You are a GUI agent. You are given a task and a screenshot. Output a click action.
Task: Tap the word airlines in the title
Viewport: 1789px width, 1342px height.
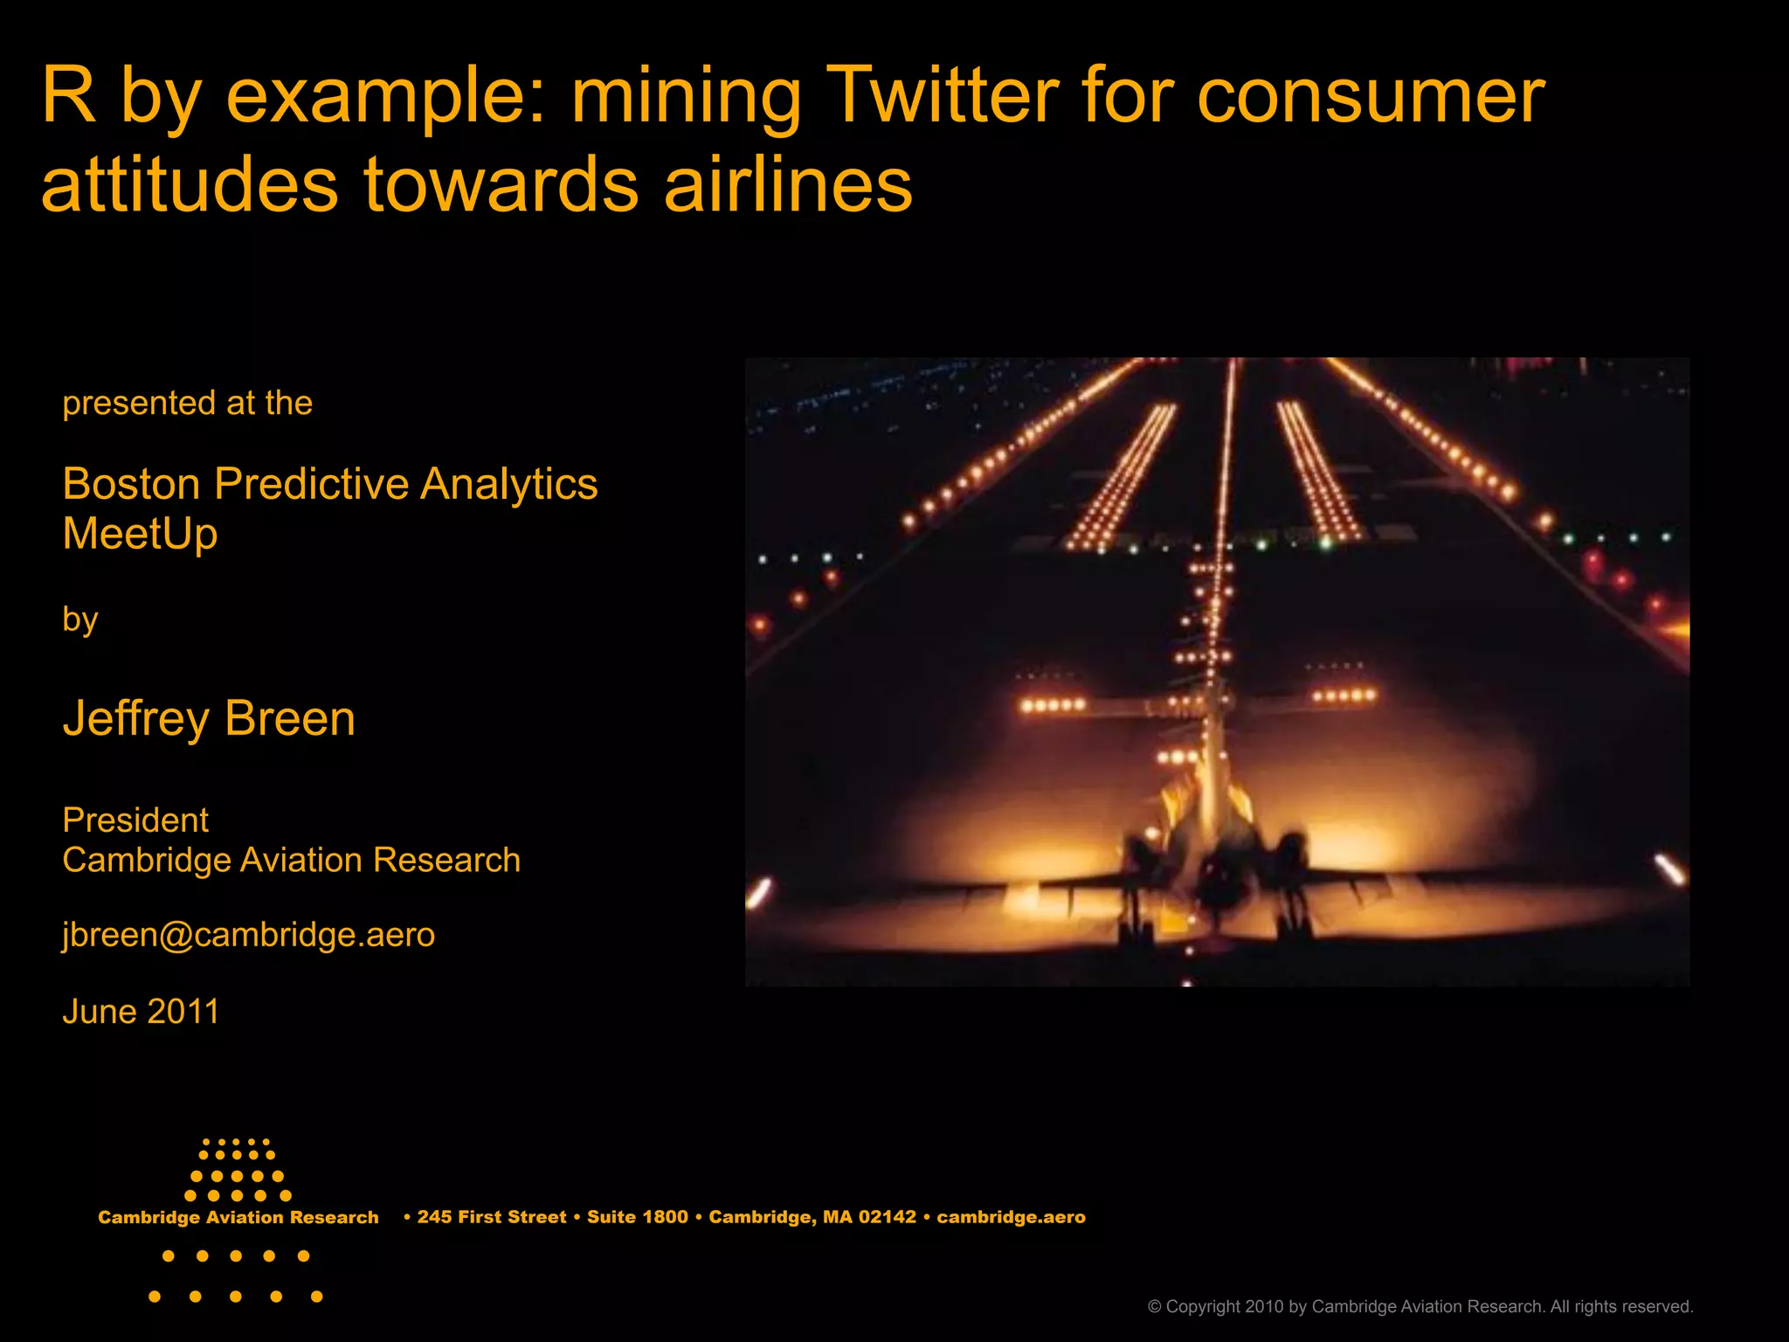(788, 185)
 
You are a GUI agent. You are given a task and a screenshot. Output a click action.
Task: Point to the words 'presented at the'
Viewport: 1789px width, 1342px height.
(187, 403)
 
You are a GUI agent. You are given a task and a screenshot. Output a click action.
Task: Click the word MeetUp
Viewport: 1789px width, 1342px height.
(140, 533)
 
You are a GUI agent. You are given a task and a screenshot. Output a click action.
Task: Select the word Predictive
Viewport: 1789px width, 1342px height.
(311, 483)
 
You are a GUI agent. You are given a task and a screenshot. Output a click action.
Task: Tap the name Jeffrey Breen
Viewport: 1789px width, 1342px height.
(209, 718)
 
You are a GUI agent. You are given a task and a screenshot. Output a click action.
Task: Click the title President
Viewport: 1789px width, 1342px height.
(135, 820)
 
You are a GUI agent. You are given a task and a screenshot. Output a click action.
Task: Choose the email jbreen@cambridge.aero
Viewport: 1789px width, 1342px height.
(248, 935)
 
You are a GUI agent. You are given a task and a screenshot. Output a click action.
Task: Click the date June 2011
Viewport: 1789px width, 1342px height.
(141, 1012)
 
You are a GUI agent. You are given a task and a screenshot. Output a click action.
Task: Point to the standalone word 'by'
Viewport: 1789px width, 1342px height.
(79, 619)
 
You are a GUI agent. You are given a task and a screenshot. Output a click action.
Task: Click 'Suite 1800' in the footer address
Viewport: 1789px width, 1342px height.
(637, 1217)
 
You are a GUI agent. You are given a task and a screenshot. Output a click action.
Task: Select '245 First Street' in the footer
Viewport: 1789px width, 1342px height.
(491, 1217)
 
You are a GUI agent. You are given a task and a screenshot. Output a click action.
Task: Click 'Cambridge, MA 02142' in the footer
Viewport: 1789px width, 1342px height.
(812, 1217)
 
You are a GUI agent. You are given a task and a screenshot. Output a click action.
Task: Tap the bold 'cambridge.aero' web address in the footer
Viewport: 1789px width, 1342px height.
(1011, 1217)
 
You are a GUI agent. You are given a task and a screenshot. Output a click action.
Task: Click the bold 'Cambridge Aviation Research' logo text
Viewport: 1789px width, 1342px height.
(238, 1217)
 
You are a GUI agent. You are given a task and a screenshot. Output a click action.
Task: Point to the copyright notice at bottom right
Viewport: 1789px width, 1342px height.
(1419, 1306)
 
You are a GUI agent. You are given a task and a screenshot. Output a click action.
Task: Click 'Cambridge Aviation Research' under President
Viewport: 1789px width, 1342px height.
(291, 860)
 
